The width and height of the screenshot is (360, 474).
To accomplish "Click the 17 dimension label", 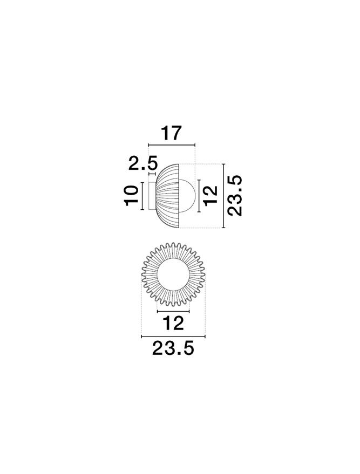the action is [x=171, y=133].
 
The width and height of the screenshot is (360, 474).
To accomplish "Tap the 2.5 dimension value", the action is [x=144, y=163].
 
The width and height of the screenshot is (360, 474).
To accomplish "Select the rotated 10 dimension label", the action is [x=131, y=196].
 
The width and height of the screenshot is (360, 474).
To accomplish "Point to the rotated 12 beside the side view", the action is [x=211, y=196].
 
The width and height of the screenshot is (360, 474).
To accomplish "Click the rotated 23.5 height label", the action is [x=235, y=196].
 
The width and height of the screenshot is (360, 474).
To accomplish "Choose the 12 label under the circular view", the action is [x=173, y=323].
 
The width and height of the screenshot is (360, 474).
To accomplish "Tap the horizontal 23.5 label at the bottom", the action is [x=173, y=348].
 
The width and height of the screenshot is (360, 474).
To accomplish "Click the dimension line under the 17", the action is [x=172, y=145].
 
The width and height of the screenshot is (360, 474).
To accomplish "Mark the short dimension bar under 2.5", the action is [x=152, y=174].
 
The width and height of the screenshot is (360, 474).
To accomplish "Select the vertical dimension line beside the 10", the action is [x=141, y=196].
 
